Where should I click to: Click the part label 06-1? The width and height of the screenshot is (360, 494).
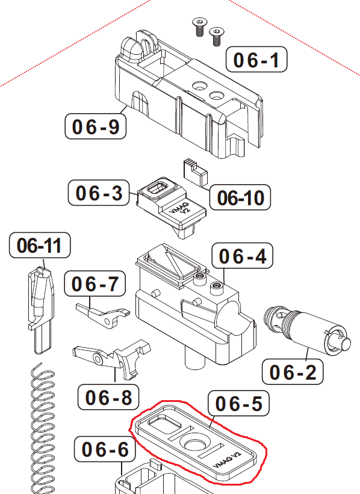tap(256, 60)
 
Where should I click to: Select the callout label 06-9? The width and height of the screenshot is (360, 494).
tap(95, 126)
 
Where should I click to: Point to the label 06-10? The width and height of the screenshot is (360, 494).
tap(240, 197)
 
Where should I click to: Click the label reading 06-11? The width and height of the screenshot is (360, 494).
tap(40, 245)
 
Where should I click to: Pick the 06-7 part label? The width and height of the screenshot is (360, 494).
tap(96, 284)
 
